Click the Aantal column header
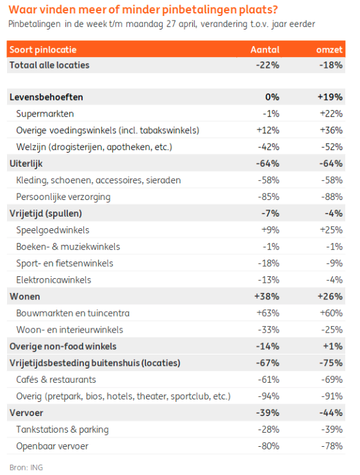[265, 50]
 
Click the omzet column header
[329, 50]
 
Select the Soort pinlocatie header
[43, 50]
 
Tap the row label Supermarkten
[45, 113]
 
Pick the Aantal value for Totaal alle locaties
[268, 65]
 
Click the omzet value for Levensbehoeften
[330, 97]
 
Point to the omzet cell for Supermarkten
[331, 113]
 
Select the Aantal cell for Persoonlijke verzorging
[268, 197]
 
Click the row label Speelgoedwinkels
[53, 230]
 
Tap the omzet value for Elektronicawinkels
[334, 280]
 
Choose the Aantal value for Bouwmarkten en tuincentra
[268, 313]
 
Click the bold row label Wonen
[25, 296]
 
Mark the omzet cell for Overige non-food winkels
[332, 346]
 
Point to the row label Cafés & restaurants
[56, 379]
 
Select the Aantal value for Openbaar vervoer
[268, 446]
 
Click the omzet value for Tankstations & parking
[332, 429]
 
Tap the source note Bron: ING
[26, 467]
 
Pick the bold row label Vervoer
[26, 413]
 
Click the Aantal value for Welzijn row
[268, 147]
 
